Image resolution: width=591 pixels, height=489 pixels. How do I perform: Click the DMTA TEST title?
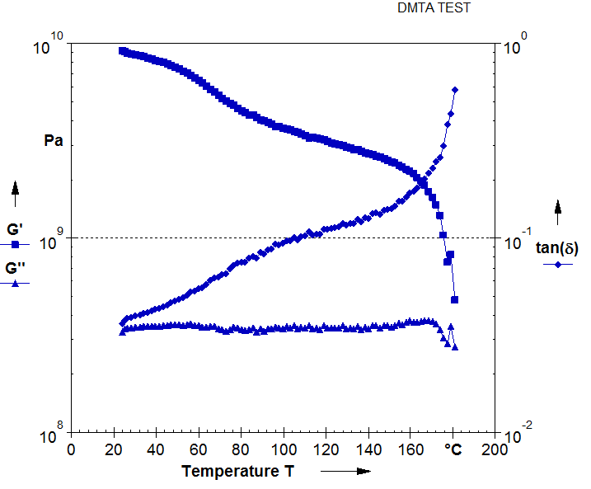pos(434,10)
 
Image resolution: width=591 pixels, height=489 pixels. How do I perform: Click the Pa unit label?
pos(54,141)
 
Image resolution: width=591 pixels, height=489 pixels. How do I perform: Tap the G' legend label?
pos(14,228)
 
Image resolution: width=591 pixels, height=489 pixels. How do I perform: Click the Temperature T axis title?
pos(236,472)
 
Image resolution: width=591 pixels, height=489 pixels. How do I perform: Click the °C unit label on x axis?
pos(453,450)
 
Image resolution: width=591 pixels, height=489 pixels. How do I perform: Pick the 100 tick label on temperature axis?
pos(283,450)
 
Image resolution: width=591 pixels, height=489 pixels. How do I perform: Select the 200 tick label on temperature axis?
pos(495,450)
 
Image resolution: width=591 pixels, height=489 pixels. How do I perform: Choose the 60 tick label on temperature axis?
pos(198,450)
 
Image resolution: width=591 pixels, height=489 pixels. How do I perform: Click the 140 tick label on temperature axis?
pos(368,450)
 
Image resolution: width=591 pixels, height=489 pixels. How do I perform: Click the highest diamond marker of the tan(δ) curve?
pos(455,89)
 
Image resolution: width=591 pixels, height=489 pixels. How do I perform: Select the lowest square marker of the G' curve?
pos(454,299)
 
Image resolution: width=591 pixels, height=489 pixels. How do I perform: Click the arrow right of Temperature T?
pos(345,472)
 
